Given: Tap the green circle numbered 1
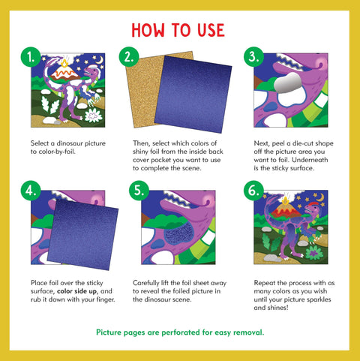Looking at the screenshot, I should point(31,57).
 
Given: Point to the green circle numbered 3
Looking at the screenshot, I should point(252,57).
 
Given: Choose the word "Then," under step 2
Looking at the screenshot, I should point(142,142).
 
